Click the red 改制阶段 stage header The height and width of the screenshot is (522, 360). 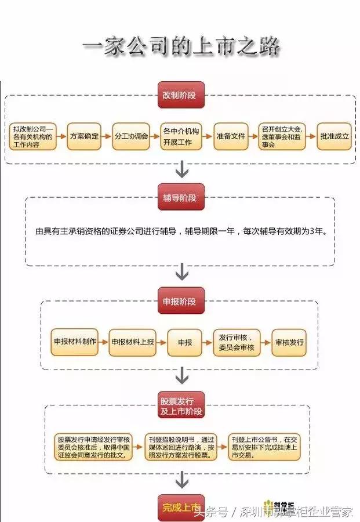pyautogui.click(x=181, y=95)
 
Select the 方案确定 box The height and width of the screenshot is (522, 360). pyautogui.click(x=83, y=136)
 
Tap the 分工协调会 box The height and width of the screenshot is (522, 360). pyautogui.click(x=130, y=136)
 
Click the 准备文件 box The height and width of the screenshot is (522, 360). pyautogui.click(x=230, y=136)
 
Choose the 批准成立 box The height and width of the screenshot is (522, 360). pyautogui.click(x=334, y=136)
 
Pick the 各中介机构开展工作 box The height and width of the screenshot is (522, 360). pyautogui.click(x=181, y=136)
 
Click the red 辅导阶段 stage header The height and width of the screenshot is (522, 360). pyautogui.click(x=181, y=198)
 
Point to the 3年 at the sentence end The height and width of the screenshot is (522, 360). pyautogui.click(x=317, y=231)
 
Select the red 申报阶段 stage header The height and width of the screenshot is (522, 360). pyautogui.click(x=181, y=301)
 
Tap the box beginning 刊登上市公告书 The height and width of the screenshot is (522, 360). pyautogui.click(x=264, y=447)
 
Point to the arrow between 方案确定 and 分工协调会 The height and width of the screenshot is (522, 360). pyautogui.click(x=105, y=136)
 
